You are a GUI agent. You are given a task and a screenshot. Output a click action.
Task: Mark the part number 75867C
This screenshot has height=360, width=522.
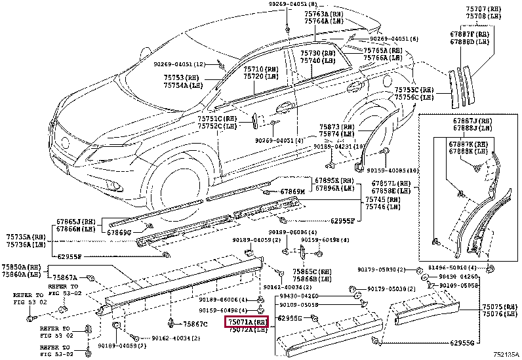195,324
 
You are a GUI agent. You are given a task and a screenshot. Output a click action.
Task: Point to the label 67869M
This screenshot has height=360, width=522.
293,191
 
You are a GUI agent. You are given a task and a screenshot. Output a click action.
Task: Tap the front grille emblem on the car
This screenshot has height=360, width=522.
65,141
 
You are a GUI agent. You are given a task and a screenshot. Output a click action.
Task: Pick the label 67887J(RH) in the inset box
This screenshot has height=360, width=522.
472,121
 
